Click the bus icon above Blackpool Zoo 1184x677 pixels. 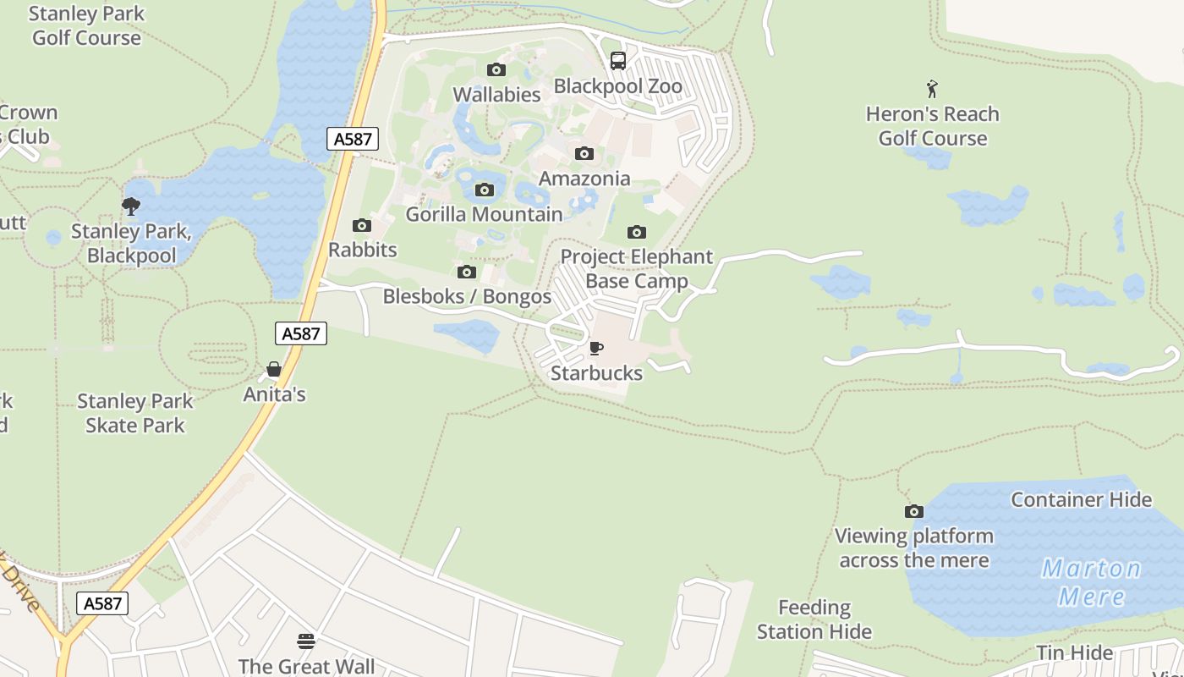click(618, 61)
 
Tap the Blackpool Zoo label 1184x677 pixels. click(618, 86)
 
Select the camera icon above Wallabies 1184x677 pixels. click(496, 69)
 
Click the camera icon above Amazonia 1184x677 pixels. click(584, 153)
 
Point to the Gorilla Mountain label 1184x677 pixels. click(484, 214)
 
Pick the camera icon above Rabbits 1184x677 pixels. click(362, 225)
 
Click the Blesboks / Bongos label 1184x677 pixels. click(467, 296)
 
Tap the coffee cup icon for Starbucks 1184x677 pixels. click(596, 348)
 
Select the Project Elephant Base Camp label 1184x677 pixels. click(637, 268)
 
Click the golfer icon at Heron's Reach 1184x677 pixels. click(932, 89)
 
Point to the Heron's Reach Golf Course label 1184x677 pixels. click(932, 126)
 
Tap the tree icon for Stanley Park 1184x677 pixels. click(131, 206)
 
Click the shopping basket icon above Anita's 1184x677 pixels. click(274, 369)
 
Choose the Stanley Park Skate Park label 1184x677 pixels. click(135, 413)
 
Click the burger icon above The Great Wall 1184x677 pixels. click(306, 641)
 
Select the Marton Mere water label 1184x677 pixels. click(1091, 581)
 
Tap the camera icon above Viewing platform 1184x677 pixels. click(913, 511)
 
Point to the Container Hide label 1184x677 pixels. click(1081, 499)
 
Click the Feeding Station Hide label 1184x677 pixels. click(814, 619)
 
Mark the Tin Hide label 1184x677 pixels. click(1075, 652)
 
